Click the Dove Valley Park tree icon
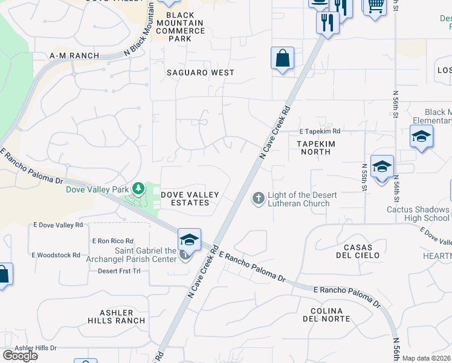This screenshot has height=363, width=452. (139, 189)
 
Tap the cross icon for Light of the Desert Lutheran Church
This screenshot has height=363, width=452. (258, 198)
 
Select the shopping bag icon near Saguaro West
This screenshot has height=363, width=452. (282, 59)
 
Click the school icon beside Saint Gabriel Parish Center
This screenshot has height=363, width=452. (189, 240)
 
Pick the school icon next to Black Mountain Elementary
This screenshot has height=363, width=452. (421, 137)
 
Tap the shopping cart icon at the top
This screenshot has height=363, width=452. (375, 5)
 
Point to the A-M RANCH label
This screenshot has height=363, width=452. (74, 56)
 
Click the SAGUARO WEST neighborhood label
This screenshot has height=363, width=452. (200, 73)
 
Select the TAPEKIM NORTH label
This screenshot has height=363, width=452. (315, 148)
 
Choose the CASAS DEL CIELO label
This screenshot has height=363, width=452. (353, 251)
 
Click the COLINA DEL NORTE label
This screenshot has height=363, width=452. (330, 315)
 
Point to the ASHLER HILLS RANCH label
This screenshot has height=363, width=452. (116, 316)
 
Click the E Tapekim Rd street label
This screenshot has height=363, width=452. (320, 131)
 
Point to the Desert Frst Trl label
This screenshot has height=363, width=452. (119, 270)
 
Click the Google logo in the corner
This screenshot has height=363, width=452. (20, 356)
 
